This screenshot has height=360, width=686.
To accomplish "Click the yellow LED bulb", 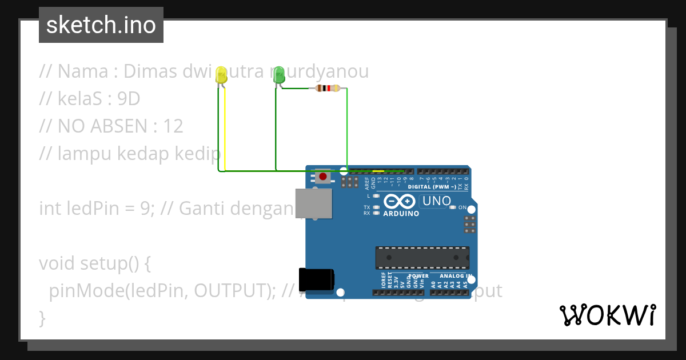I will click(x=222, y=75).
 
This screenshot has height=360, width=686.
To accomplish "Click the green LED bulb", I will click(x=279, y=74).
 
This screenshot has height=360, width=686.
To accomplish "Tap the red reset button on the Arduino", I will click(x=323, y=177).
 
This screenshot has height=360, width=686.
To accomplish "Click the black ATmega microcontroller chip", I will click(x=422, y=258).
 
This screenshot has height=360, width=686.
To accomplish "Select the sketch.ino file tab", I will click(x=101, y=25).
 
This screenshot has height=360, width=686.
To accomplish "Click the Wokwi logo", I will click(x=607, y=315).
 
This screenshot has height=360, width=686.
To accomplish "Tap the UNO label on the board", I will click(x=437, y=201).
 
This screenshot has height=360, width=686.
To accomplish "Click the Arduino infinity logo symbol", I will click(x=400, y=201).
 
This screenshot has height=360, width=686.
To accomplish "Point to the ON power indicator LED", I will click(x=453, y=207).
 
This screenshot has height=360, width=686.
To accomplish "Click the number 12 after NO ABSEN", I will click(x=173, y=126).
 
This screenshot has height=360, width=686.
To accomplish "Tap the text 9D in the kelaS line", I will click(x=129, y=99).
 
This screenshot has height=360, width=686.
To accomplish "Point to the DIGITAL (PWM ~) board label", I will click(x=432, y=187).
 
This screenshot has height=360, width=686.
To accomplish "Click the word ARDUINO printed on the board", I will click(x=401, y=214).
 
